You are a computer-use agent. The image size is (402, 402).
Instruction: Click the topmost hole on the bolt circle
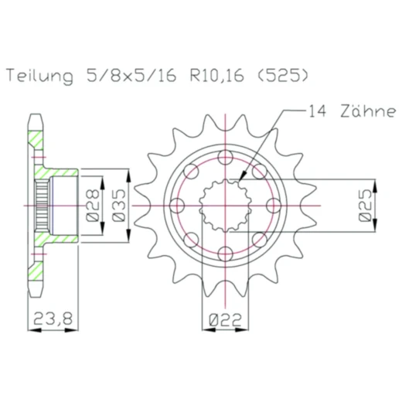(x=225, y=158)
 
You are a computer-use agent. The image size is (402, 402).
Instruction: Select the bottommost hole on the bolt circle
(x=225, y=253)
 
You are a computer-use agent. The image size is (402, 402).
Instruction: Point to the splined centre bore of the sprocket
(x=225, y=206)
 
